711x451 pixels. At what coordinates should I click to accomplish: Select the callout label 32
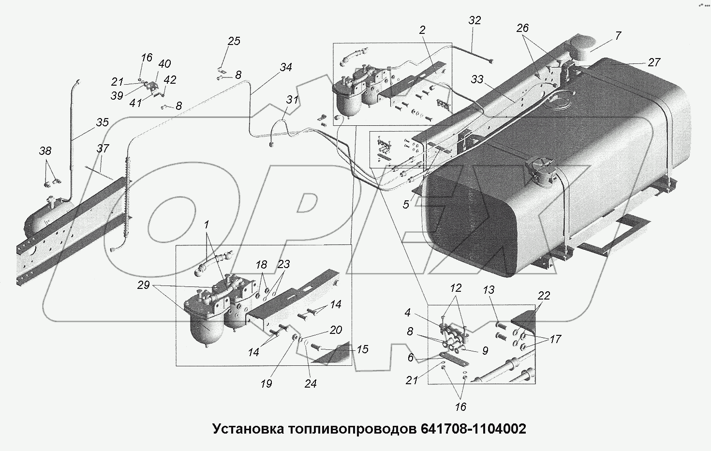475,20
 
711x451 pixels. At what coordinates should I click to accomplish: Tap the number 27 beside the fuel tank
654,62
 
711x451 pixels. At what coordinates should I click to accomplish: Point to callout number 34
285,67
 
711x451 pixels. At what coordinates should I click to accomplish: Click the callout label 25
234,41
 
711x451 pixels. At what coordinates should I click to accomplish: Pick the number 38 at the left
45,151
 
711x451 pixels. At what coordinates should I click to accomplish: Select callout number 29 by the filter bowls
143,286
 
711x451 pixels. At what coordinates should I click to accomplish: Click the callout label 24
311,383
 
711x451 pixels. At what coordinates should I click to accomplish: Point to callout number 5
406,205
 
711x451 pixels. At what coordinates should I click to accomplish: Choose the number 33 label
477,79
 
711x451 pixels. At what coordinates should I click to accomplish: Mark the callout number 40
164,64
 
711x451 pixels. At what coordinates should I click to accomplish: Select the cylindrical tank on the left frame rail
46,219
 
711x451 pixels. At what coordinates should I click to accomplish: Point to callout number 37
103,149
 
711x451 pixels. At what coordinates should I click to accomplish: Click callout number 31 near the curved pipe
292,100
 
